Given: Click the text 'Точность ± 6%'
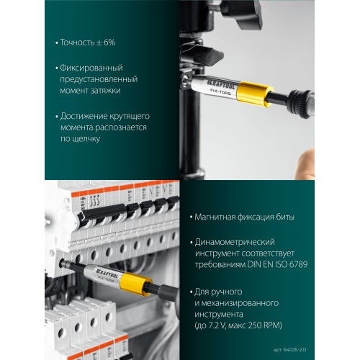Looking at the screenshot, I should (x=88, y=42).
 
